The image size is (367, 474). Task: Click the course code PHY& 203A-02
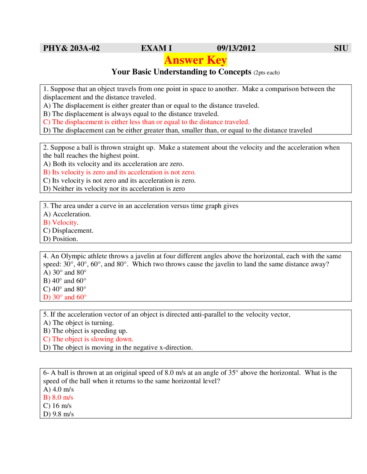(71, 48)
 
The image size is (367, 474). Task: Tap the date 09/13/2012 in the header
(236, 48)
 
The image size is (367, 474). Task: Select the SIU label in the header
(341, 48)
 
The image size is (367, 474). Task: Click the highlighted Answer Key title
(196, 60)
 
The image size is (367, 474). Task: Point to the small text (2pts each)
(266, 73)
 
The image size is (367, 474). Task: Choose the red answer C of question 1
(146, 122)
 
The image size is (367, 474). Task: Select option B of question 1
(131, 114)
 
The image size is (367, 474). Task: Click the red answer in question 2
(119, 172)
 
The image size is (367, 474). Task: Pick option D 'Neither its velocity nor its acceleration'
(114, 189)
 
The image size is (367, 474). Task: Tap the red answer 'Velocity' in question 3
(61, 222)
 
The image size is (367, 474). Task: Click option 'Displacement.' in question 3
(68, 231)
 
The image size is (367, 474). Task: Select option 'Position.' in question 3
(60, 239)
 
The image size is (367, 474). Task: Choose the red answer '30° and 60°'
(65, 297)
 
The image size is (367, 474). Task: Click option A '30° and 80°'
(65, 272)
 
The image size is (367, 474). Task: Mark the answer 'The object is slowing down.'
(88, 339)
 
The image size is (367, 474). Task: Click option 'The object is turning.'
(79, 323)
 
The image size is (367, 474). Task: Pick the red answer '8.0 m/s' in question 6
(58, 398)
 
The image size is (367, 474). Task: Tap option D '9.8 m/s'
(58, 414)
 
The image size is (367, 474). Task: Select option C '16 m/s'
(57, 406)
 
